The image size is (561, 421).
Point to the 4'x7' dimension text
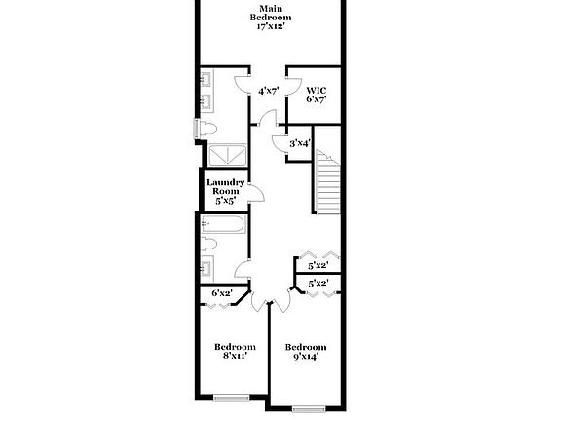point(269,91)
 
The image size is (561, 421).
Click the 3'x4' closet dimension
point(300,143)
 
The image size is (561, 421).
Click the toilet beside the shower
point(206,129)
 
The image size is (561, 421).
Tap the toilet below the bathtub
point(207,244)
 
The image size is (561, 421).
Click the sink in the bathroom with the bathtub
point(207,269)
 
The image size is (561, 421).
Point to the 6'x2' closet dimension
point(221,293)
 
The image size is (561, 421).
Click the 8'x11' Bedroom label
point(235,352)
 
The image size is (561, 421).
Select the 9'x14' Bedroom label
point(305,352)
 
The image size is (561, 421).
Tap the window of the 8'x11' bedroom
point(234,397)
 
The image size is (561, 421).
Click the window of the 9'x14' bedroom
point(308,406)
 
